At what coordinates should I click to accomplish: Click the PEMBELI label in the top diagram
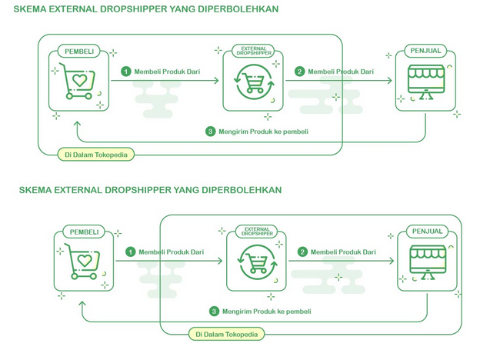point(80,52)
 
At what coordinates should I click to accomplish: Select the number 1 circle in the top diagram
point(126,72)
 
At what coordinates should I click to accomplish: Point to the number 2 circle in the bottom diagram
point(302,252)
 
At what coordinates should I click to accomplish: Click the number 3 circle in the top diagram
point(210,132)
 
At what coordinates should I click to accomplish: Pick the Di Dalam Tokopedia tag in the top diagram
point(96,155)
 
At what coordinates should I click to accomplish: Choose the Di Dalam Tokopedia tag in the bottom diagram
point(227,334)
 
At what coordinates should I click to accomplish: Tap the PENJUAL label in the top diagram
point(425,52)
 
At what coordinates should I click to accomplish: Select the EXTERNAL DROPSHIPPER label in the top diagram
point(253,51)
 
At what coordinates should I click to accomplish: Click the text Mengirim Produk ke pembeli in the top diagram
point(264,132)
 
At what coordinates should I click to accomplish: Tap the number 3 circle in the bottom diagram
point(214,312)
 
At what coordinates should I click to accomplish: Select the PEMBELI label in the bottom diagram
point(85,232)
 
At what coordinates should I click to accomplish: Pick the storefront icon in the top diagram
point(425,82)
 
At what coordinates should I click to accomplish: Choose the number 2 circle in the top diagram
point(300,72)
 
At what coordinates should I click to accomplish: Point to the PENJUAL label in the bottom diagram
point(427,232)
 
